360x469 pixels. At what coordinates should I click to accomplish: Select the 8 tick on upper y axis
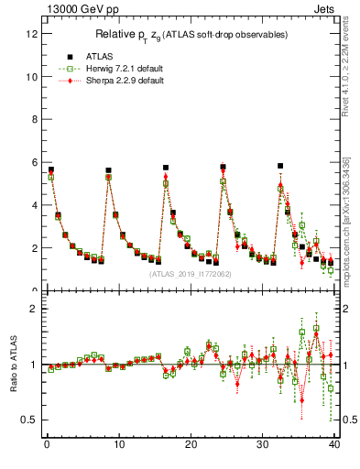click(34, 120)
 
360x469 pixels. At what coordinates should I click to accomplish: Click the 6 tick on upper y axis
click(34, 163)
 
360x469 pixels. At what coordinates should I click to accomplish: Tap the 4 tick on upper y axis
click(34, 205)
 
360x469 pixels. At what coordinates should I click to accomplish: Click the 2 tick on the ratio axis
click(34, 309)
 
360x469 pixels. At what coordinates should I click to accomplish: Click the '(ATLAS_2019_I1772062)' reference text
click(190, 273)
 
